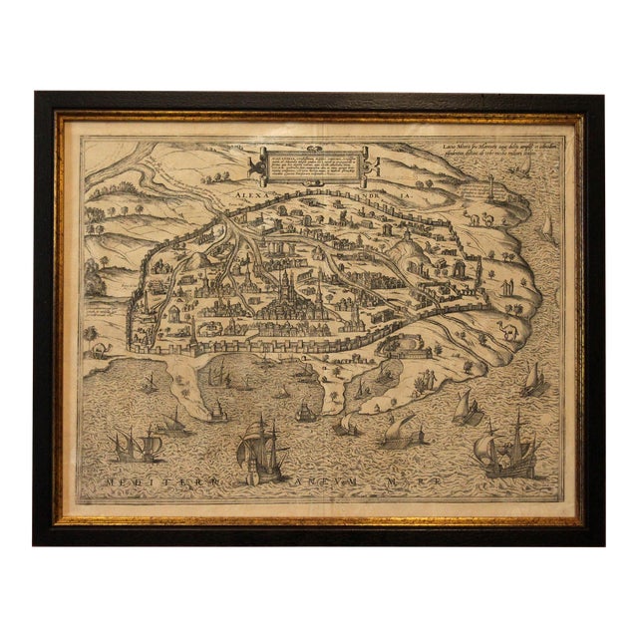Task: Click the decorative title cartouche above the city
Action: pyautogui.click(x=311, y=163)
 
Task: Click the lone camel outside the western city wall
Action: pyautogui.click(x=102, y=350)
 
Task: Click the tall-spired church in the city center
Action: pyautogui.click(x=284, y=289)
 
